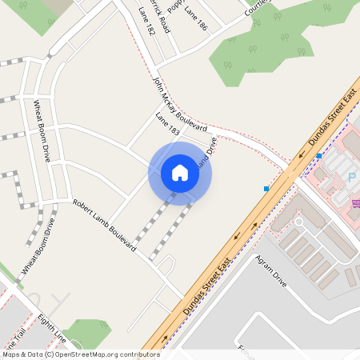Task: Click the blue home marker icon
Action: point(180,173)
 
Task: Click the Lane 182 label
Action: point(146,22)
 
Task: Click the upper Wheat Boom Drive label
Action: point(41,130)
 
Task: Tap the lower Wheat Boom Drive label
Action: point(38,246)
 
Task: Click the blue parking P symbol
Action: point(352,177)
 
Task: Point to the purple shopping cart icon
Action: point(355,202)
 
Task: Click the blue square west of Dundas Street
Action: point(266,189)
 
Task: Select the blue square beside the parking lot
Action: point(318,155)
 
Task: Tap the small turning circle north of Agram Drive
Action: point(298,222)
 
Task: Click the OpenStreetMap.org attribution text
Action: point(94,354)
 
